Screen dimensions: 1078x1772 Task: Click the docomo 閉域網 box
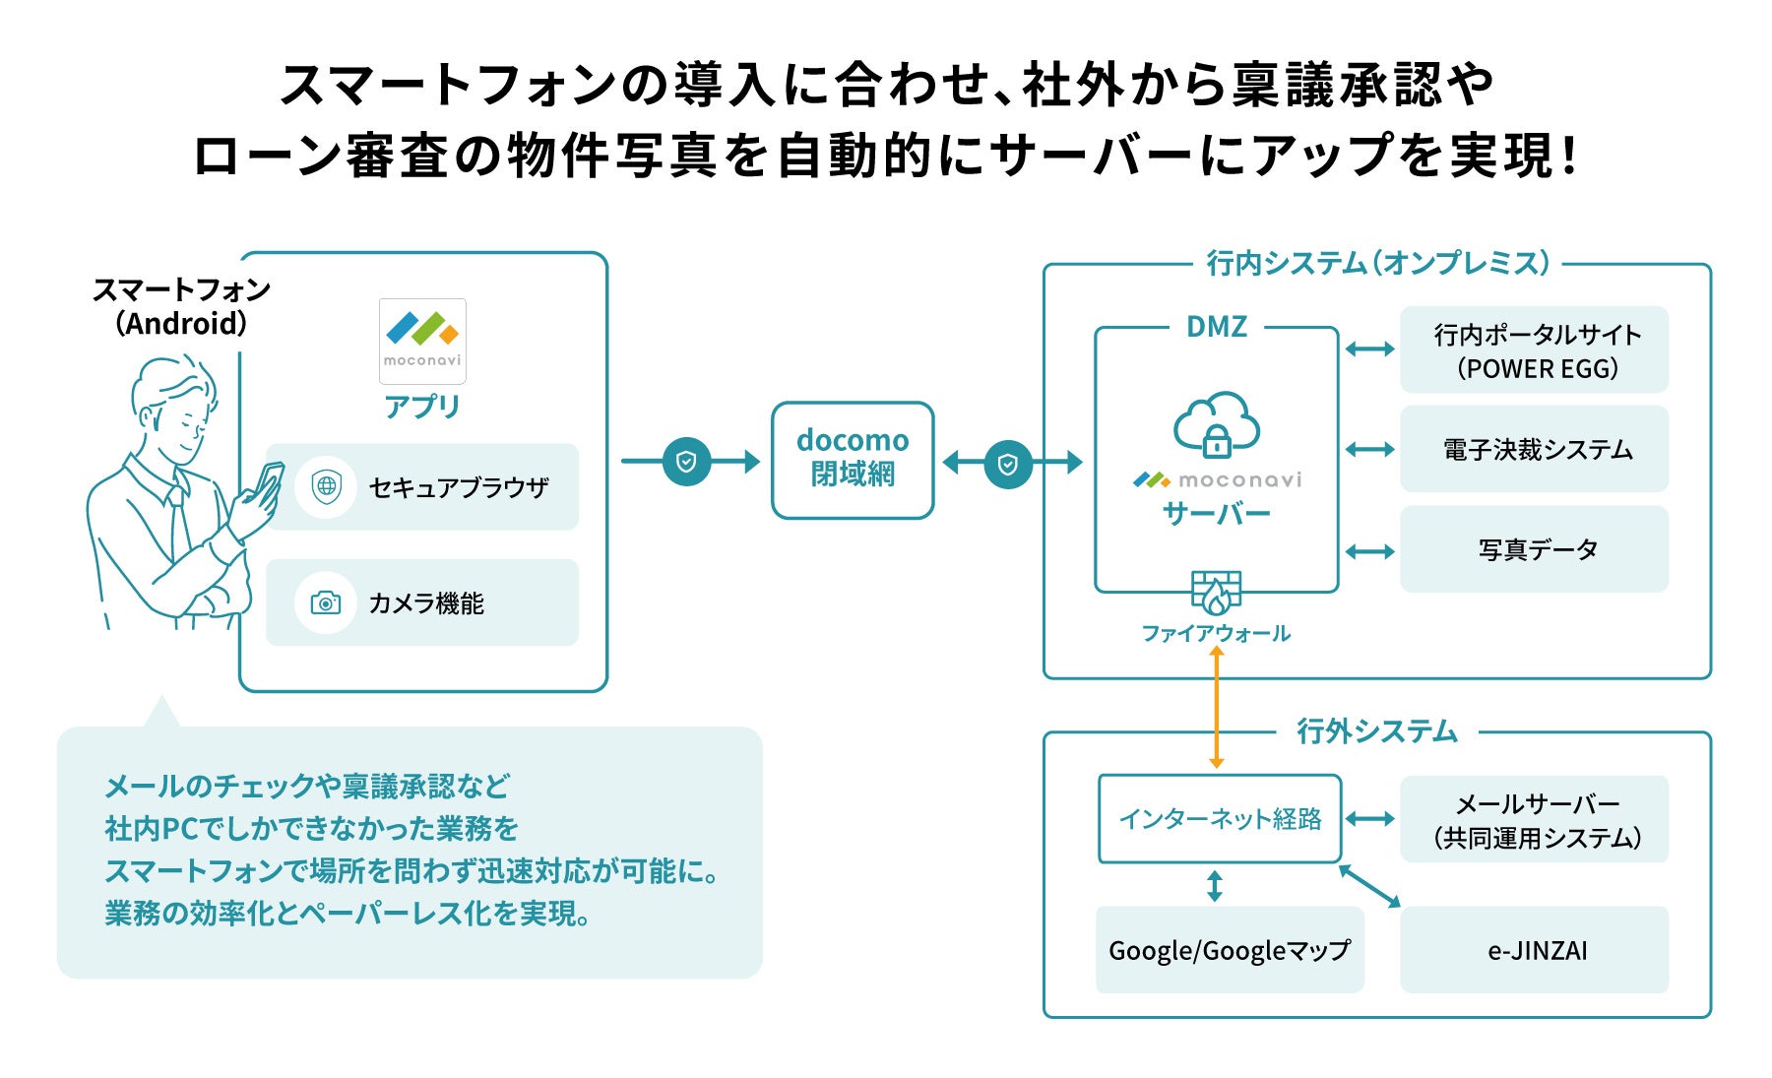(853, 460)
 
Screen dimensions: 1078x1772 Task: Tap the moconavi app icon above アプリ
(422, 341)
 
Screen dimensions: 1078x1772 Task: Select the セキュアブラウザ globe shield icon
(326, 486)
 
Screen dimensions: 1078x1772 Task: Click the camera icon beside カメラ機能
(326, 602)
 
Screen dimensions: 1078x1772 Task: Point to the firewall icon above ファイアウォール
(1216, 592)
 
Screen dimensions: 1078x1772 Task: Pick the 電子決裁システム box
(1534, 450)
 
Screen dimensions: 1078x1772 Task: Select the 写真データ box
(1534, 549)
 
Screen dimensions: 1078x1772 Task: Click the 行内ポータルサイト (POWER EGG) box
(1534, 350)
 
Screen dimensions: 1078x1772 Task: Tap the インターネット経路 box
(1220, 819)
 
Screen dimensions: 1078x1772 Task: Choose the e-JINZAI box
(1534, 950)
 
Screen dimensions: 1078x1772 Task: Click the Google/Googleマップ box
(1230, 950)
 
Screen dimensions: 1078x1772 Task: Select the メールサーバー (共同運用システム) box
(1534, 820)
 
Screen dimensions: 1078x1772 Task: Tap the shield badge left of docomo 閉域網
(687, 462)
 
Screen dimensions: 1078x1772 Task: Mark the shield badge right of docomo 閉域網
(1008, 464)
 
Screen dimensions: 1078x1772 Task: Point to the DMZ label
(1217, 327)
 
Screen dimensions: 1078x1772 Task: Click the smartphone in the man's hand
(267, 482)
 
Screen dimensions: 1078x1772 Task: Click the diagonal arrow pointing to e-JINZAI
(1369, 886)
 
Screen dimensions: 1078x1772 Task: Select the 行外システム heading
(1376, 731)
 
